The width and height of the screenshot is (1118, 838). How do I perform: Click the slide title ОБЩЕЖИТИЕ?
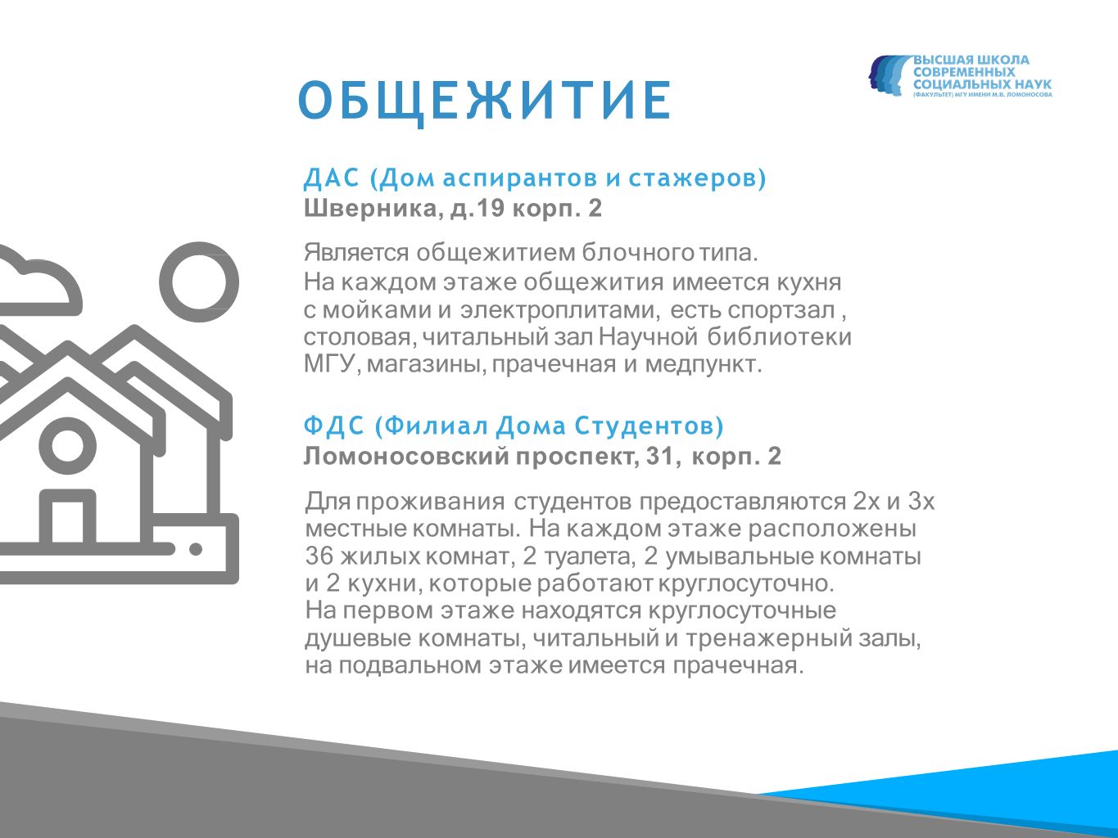pyautogui.click(x=484, y=101)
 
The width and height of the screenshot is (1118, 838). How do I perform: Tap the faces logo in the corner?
pyautogui.click(x=889, y=74)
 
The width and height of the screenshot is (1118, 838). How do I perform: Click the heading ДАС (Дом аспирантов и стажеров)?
pyautogui.click(x=534, y=178)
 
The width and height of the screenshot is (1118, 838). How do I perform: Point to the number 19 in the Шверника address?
pyautogui.click(x=490, y=208)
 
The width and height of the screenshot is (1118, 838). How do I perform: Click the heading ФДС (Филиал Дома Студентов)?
pyautogui.click(x=514, y=426)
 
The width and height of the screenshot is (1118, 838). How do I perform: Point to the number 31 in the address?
pyautogui.click(x=660, y=456)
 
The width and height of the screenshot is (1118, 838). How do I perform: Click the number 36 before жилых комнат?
pyautogui.click(x=319, y=556)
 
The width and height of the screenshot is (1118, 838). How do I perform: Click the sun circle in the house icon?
pyautogui.click(x=199, y=282)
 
